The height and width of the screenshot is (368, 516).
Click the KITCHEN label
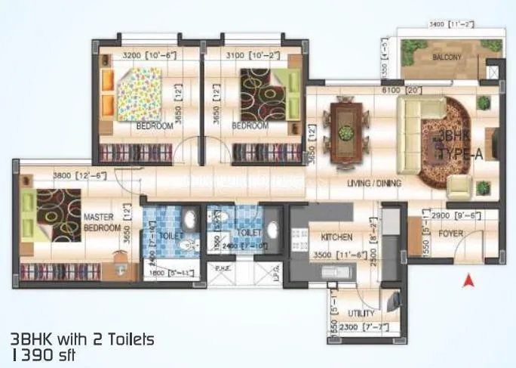click(x=332, y=236)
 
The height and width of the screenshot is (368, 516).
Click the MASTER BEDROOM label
click(x=102, y=221)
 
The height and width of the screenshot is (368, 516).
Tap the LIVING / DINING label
click(x=374, y=183)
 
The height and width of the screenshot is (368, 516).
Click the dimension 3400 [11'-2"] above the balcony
click(x=450, y=24)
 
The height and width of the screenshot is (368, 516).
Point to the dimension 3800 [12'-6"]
click(x=78, y=176)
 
